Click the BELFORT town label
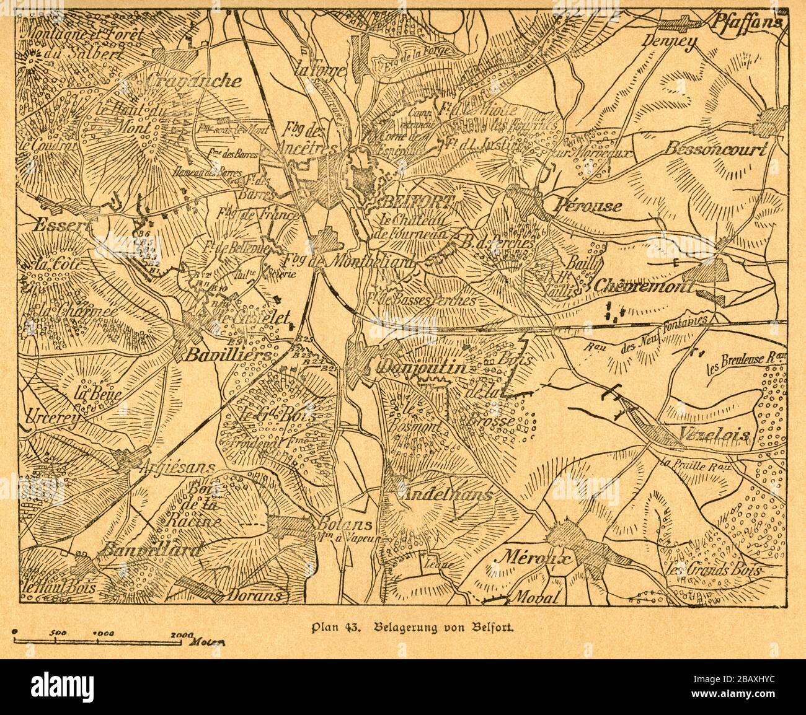[418, 202]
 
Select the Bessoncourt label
[716, 149]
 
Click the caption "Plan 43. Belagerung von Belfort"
[407, 626]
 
